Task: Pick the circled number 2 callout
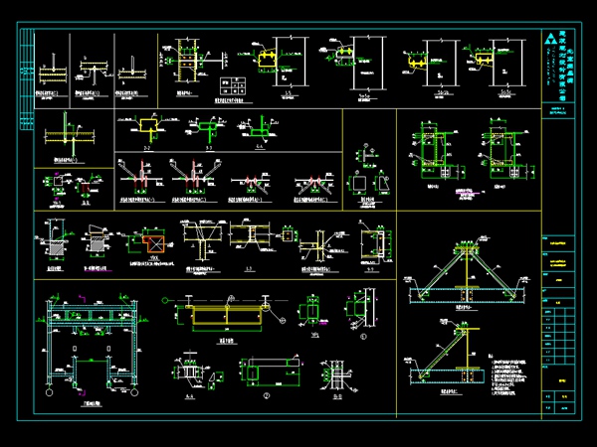point(267,394)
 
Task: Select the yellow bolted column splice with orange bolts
point(182,62)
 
